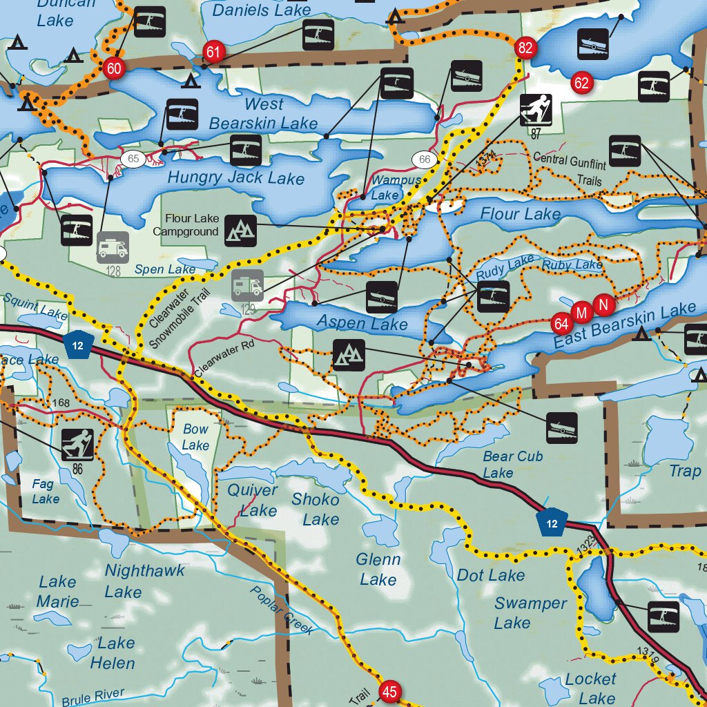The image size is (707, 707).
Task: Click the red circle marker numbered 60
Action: pyautogui.click(x=114, y=68)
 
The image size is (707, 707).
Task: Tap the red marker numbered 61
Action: pyautogui.click(x=213, y=52)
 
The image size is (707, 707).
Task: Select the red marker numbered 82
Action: pyautogui.click(x=525, y=48)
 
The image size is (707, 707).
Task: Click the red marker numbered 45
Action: pyautogui.click(x=390, y=692)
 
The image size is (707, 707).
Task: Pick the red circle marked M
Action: pyautogui.click(x=581, y=313)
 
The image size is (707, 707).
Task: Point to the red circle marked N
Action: pyautogui.click(x=604, y=304)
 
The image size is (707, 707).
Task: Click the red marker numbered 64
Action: pyautogui.click(x=561, y=323)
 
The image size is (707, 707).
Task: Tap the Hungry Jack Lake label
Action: pyautogui.click(x=235, y=177)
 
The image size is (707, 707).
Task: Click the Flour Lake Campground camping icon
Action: pyautogui.click(x=241, y=231)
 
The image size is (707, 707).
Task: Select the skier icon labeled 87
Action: pyautogui.click(x=536, y=110)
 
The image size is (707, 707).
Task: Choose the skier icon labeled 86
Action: pyautogui.click(x=77, y=445)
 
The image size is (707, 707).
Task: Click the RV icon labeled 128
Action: pyautogui.click(x=113, y=248)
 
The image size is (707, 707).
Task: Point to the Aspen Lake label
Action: pyautogui.click(x=362, y=323)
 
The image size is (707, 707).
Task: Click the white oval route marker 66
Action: pyautogui.click(x=425, y=160)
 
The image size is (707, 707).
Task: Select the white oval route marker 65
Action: pyautogui.click(x=133, y=159)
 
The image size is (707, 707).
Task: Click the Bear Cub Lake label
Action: pyautogui.click(x=512, y=465)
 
